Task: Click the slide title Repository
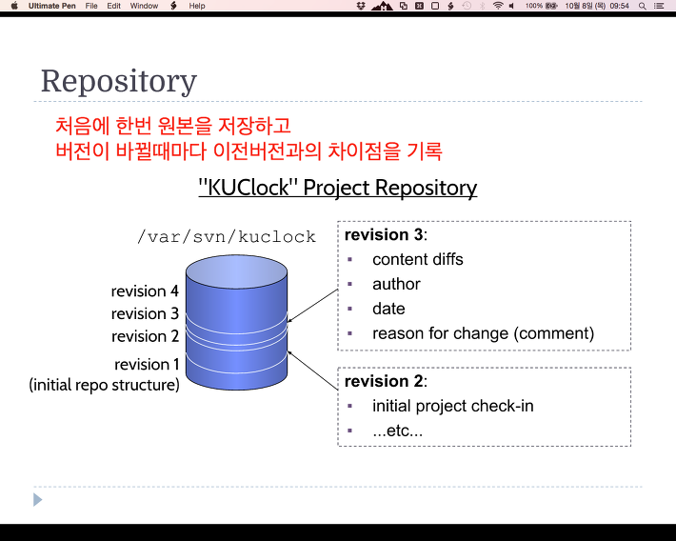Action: (x=119, y=82)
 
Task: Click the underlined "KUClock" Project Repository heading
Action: (x=338, y=188)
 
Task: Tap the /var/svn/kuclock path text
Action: (x=227, y=237)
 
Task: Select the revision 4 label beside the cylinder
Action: (x=145, y=291)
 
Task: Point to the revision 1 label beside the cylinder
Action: (x=147, y=365)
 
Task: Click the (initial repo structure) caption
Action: (x=105, y=385)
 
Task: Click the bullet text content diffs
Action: (x=418, y=259)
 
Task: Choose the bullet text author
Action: (x=396, y=284)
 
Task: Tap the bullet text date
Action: (x=388, y=309)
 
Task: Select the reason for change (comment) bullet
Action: (x=484, y=333)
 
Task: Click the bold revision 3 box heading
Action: (x=386, y=234)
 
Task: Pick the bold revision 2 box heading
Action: (x=386, y=381)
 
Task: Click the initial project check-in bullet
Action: (x=453, y=406)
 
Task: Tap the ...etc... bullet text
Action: (x=397, y=431)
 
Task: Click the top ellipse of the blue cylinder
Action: (x=237, y=271)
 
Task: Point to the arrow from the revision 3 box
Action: (x=312, y=306)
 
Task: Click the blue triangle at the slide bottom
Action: (x=37, y=500)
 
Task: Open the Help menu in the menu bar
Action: (x=196, y=6)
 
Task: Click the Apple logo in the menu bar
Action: (x=14, y=6)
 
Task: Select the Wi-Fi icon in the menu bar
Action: (x=498, y=6)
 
